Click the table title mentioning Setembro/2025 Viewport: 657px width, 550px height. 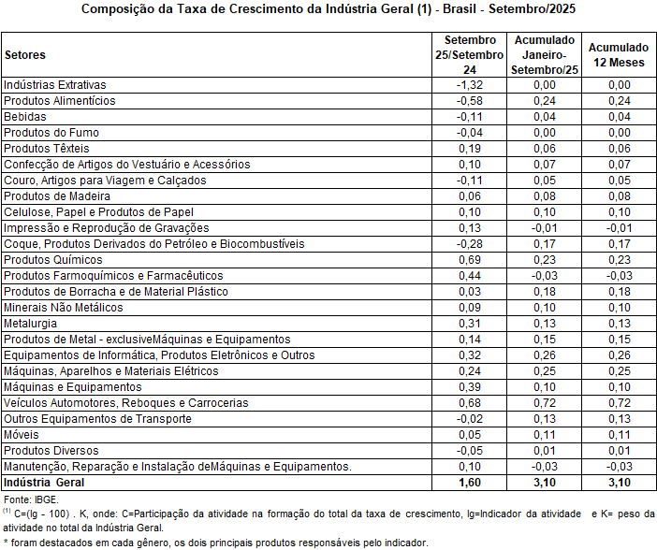(328, 10)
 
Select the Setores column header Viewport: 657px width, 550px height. (25, 55)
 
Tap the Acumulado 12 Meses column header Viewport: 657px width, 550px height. (618, 55)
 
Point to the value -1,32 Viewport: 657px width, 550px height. (469, 84)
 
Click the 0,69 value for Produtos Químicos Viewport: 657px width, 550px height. (469, 259)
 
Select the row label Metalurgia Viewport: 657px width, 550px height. (31, 323)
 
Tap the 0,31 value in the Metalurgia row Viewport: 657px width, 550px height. (469, 323)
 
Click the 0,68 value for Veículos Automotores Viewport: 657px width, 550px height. (469, 402)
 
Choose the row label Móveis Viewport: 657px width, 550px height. (22, 434)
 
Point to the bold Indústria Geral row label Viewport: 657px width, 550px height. (44, 483)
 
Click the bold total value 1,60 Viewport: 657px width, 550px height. (469, 483)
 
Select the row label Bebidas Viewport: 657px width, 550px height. (24, 116)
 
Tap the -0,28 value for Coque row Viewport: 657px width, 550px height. (469, 243)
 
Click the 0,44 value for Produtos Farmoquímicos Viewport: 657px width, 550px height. (469, 275)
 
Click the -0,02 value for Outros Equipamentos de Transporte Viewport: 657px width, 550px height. (469, 418)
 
